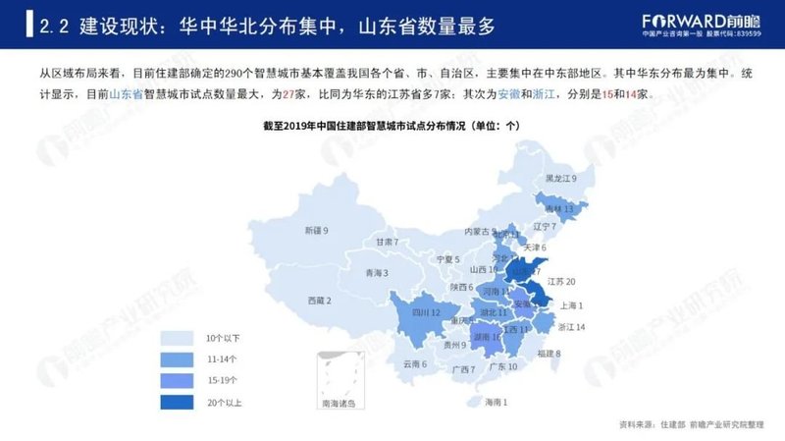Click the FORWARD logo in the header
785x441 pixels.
point(689,21)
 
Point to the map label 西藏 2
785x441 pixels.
point(319,300)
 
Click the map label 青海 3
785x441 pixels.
point(377,272)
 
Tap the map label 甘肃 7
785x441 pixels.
point(386,242)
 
